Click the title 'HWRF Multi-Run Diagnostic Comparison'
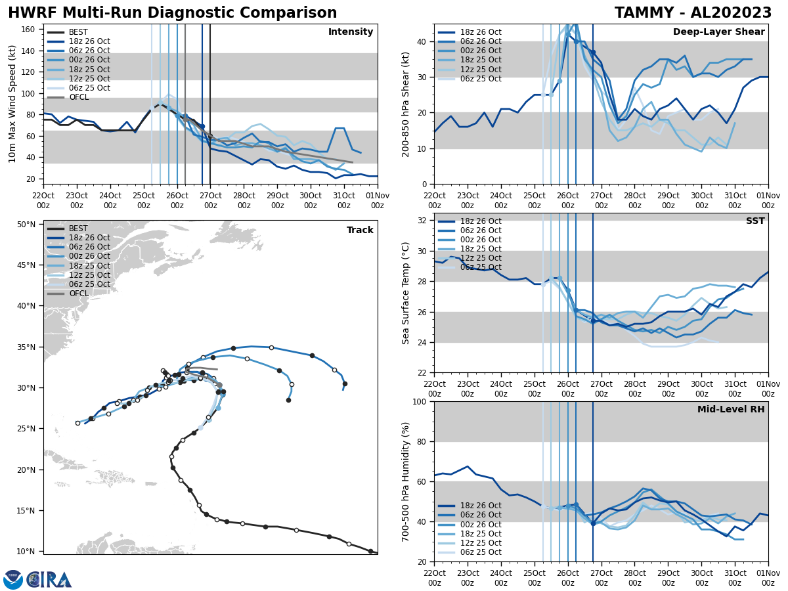172,13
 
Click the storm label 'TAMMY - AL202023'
693,13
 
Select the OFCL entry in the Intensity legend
78,97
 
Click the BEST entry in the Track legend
78,229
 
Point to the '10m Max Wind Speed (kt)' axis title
12,104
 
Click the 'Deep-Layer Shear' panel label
718,32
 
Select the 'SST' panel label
755,221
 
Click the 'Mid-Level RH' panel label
731,410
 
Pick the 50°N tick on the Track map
26,225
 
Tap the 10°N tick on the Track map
26,552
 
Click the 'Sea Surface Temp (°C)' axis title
406,293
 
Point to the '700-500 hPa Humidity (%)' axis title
406,481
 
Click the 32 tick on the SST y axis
422,221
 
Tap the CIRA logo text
49,580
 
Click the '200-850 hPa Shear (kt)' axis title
406,104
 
